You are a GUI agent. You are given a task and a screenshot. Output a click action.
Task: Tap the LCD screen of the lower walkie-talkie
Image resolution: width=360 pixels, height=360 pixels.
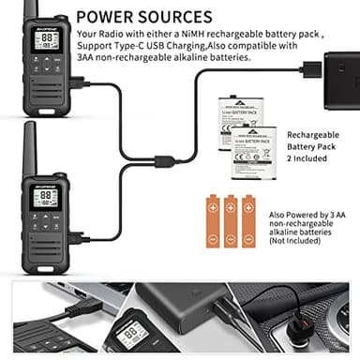pos(45,198)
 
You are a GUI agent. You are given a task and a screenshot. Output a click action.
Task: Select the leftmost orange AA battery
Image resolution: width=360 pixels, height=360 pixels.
pos(210,221)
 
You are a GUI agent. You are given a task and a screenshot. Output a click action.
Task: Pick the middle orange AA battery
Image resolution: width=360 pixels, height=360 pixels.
pos(230,221)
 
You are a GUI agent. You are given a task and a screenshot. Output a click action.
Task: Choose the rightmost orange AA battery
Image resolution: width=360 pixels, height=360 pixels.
pos(248,221)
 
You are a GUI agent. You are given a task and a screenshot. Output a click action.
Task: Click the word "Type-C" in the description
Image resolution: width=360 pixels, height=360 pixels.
pos(141,47)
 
